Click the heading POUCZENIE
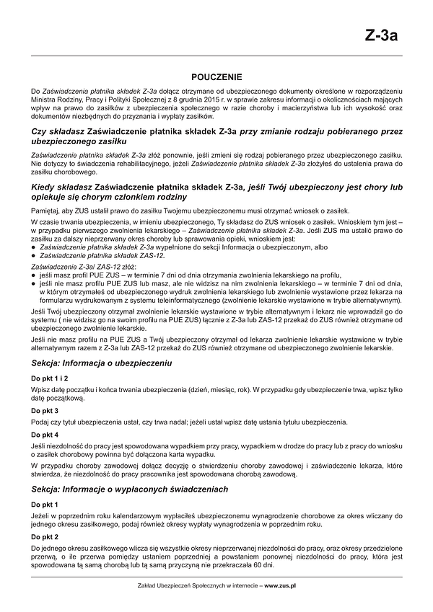click(216, 76)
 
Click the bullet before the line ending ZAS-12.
click(34, 256)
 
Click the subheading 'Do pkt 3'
click(45, 410)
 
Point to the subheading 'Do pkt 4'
click(45, 435)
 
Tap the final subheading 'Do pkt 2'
click(45, 537)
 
